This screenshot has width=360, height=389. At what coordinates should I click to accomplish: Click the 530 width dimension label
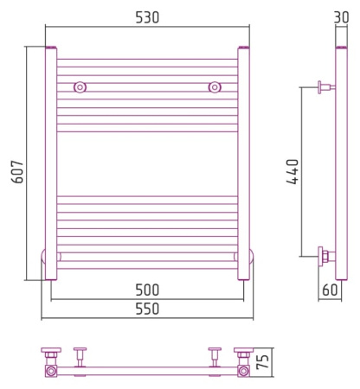tap(147, 17)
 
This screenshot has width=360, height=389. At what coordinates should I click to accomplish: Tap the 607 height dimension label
tap(17, 172)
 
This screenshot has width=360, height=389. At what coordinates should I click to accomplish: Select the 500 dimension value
tap(147, 290)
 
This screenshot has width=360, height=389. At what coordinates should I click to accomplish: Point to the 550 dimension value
tap(147, 309)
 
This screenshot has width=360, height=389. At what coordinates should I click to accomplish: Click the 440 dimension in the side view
tap(292, 171)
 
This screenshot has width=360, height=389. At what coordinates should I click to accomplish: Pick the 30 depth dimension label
tap(342, 17)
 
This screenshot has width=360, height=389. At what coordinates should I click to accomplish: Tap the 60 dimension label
tap(330, 290)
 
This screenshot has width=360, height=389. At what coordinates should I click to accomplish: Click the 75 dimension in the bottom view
tap(262, 361)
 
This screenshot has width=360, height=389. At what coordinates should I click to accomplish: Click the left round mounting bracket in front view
tap(80, 87)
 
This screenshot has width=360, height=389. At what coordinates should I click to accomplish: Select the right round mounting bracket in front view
tap(215, 87)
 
